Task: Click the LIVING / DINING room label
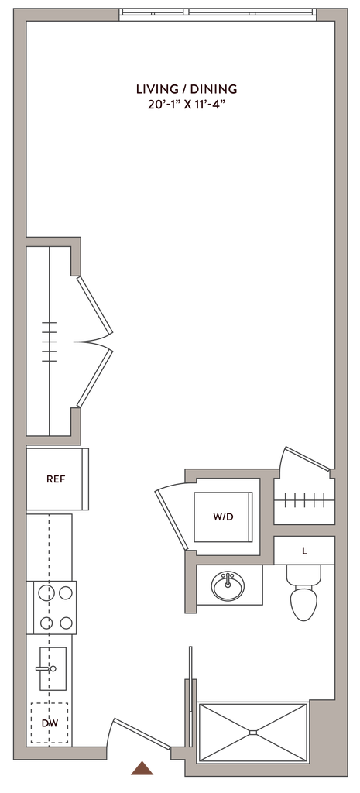[x=187, y=89]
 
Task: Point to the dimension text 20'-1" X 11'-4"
[x=187, y=105]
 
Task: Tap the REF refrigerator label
[x=56, y=479]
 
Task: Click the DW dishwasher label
[x=49, y=724]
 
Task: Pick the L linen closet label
[x=304, y=551]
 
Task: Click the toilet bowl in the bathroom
[x=303, y=602]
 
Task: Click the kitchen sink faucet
[x=46, y=668]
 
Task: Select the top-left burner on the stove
[x=46, y=593]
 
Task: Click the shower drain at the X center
[x=253, y=732]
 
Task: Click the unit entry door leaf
[x=142, y=733]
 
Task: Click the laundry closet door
[x=172, y=520]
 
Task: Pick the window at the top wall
[x=218, y=14]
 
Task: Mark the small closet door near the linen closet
[x=307, y=458]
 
